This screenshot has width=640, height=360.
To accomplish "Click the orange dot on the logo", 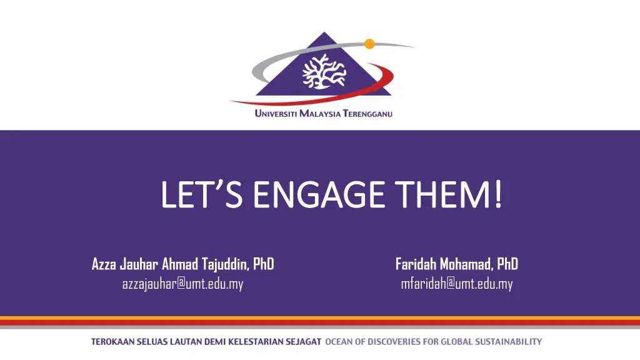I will [369, 44].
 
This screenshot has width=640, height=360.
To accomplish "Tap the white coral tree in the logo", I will [324, 71].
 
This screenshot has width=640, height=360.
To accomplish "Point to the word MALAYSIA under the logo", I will [321, 114].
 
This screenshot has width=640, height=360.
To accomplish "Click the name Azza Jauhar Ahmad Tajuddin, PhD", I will [182, 264].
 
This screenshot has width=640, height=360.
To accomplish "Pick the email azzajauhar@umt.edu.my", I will [182, 284].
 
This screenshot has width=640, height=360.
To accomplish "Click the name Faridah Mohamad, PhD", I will [456, 264].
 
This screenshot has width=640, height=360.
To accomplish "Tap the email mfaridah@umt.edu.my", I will [456, 284].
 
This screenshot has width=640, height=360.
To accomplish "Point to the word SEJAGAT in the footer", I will [304, 342].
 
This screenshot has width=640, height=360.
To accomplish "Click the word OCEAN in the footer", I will [338, 342].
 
